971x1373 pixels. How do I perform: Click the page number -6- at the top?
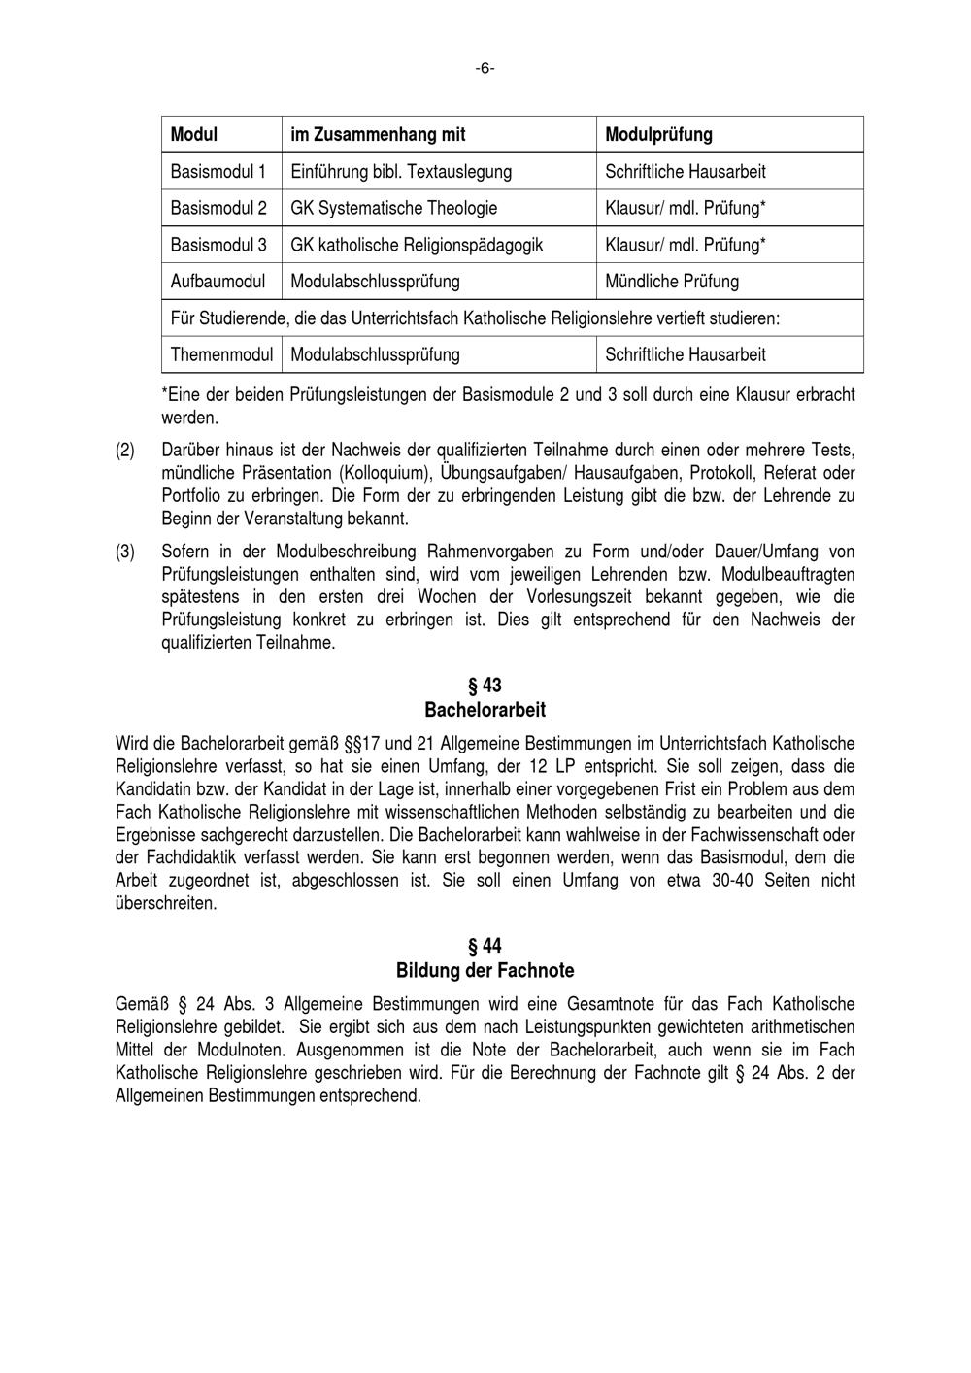(x=485, y=68)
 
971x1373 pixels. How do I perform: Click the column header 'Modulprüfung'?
(x=658, y=134)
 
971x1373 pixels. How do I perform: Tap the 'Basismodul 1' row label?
(x=218, y=172)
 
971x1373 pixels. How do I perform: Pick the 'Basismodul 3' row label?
(x=218, y=245)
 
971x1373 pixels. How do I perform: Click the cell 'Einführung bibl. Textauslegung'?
(x=401, y=172)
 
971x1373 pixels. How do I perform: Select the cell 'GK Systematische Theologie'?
(x=393, y=208)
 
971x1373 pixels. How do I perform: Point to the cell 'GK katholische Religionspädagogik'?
(x=417, y=245)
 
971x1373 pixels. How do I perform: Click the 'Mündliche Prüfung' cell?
(x=671, y=282)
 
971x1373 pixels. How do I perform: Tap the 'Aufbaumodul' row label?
(x=218, y=282)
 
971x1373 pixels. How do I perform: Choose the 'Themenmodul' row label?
(x=221, y=354)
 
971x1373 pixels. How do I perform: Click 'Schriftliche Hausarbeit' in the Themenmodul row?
(x=685, y=354)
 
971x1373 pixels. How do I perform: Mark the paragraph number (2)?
(x=125, y=451)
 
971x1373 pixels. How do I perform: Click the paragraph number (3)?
(x=125, y=552)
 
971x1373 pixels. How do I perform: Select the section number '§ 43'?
(x=485, y=686)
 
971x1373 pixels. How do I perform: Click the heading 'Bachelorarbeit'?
(x=485, y=710)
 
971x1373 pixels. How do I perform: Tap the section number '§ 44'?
(x=485, y=947)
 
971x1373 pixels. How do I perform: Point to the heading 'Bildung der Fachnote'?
(x=485, y=970)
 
